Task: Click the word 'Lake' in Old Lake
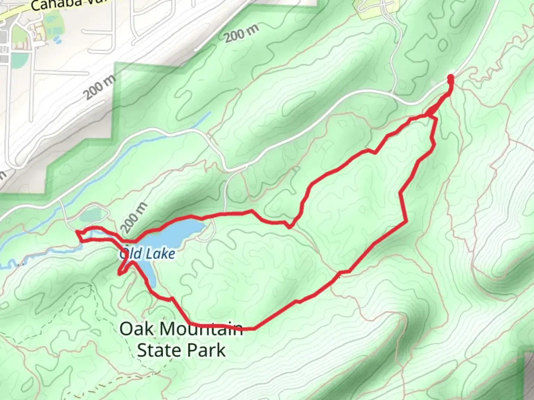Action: click(160, 254)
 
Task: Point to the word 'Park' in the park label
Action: click(208, 350)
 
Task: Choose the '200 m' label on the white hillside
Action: click(99, 87)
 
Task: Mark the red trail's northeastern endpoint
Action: click(451, 77)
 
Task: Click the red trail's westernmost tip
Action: click(77, 232)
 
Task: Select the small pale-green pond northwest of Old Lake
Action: click(90, 214)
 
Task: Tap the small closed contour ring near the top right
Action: click(442, 45)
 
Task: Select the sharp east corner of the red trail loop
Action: click(406, 222)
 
